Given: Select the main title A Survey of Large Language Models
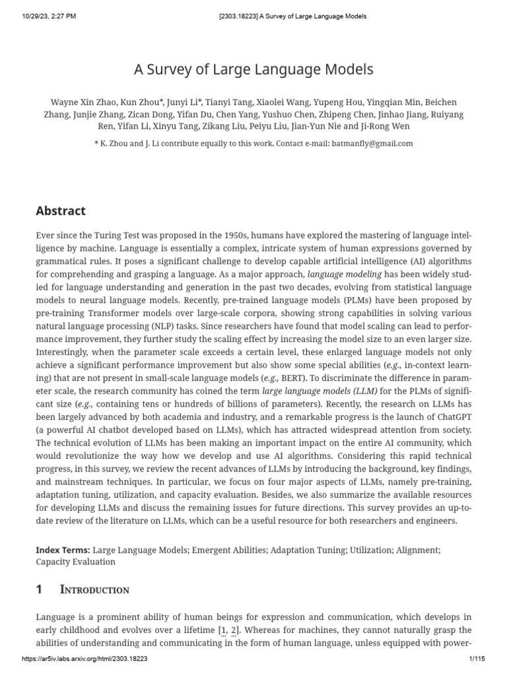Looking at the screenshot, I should [x=253, y=69].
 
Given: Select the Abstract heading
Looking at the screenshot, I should [x=61, y=211].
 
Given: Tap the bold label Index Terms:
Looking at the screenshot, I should [x=63, y=549].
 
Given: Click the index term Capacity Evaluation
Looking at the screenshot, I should [x=76, y=562].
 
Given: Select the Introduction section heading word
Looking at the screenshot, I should [x=94, y=590].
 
